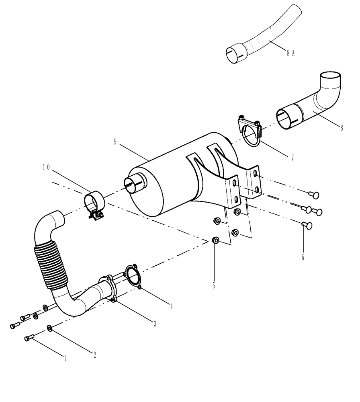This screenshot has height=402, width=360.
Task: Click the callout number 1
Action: [x=64, y=357]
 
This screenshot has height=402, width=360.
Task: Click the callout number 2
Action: [x=95, y=355]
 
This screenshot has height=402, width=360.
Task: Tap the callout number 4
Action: [x=172, y=307]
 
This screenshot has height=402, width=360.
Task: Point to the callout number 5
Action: [x=214, y=285]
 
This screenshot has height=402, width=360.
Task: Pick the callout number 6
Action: [x=303, y=256]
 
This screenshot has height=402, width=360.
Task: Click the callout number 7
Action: [x=292, y=158]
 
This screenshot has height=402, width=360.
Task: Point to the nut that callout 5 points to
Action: [x=215, y=241]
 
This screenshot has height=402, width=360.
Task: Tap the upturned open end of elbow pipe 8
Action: [x=331, y=77]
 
